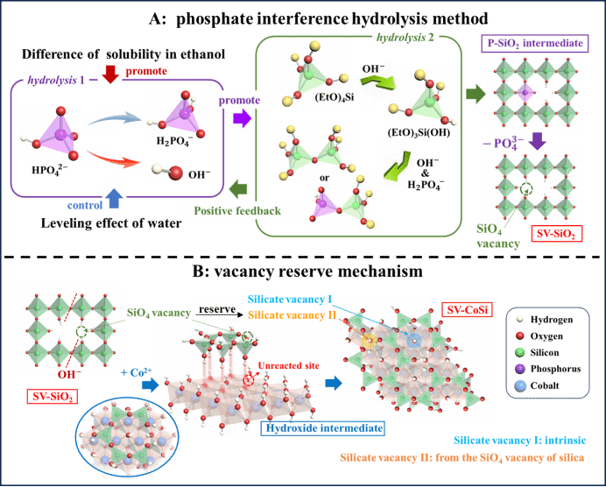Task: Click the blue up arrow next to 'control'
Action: pos(114,198)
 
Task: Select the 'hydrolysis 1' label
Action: pos(57,80)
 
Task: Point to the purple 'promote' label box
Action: pos(238,101)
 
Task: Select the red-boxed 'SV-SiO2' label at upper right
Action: pos(556,234)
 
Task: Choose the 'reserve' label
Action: pos(216,308)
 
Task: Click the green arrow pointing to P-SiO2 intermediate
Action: pos(475,94)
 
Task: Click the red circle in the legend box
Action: pos(520,335)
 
